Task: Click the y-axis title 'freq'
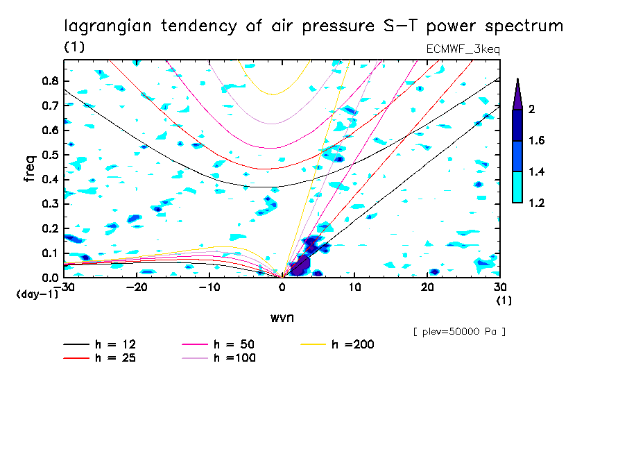click(x=30, y=169)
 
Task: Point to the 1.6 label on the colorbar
click(x=537, y=141)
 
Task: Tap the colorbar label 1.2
click(x=537, y=203)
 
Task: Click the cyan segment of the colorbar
click(x=517, y=187)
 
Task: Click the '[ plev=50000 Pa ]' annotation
click(x=459, y=332)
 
